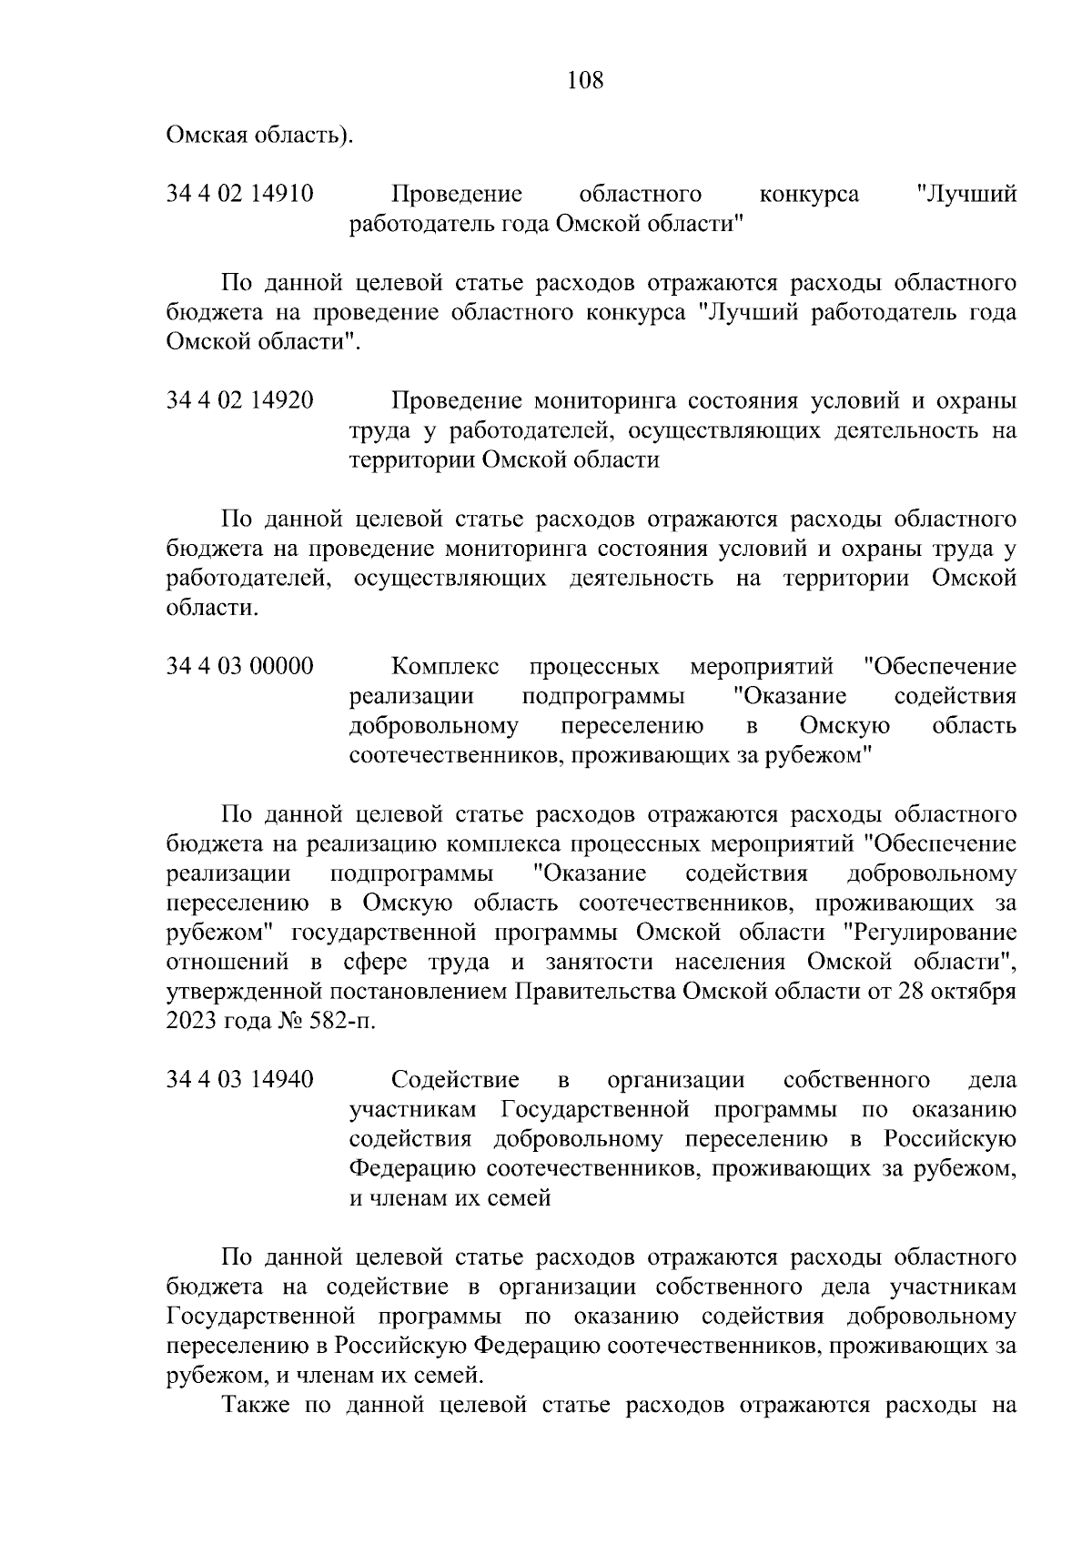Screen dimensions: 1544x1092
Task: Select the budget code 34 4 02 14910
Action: [240, 194]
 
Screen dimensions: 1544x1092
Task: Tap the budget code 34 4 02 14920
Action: [240, 400]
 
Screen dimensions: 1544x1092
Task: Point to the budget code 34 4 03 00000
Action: [240, 667]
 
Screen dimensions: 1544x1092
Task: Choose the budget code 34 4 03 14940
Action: [240, 1080]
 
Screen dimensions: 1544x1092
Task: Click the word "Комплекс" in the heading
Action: [445, 667]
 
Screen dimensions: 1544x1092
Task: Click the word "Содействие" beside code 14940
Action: [455, 1080]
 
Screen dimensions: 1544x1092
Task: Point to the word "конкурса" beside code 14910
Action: [808, 194]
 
